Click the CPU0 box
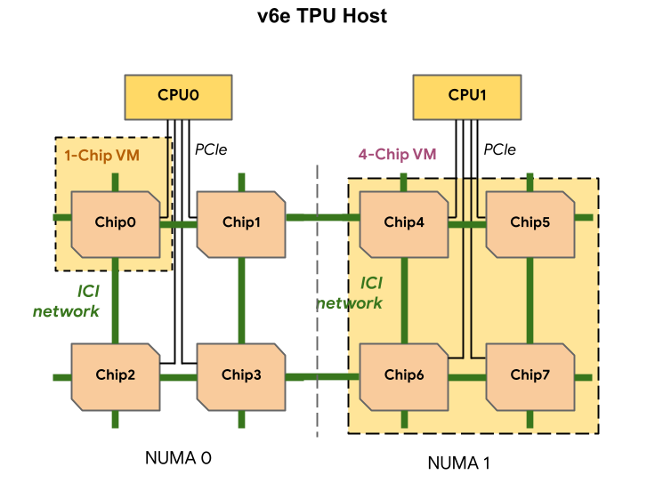pos(178,97)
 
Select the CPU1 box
pos(467,97)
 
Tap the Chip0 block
pos(116,224)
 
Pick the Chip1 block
pos(241,224)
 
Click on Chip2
pos(116,377)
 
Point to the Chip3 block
pos(241,377)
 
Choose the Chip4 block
pos(404,224)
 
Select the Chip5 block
pos(530,224)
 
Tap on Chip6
pos(404,377)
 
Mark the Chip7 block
pos(530,377)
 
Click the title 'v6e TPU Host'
pos(322,16)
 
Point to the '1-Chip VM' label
pos(102,156)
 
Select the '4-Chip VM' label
pos(397,154)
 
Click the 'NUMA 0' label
pos(178,458)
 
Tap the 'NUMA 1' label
pos(459,463)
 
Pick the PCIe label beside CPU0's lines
pos(211,149)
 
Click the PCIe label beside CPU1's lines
pos(500,149)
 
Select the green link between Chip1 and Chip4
pos(323,218)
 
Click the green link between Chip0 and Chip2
pos(115,301)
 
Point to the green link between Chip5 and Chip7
pos(530,301)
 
